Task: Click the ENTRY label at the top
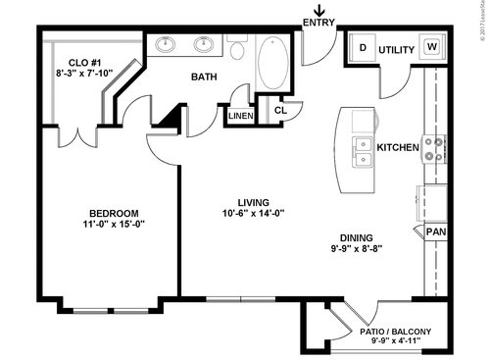point(318,23)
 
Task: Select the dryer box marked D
point(362,47)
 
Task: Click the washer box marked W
point(431,47)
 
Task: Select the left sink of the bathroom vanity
point(167,44)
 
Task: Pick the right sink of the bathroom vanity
point(205,44)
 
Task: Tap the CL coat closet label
point(279,110)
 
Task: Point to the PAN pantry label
point(437,231)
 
